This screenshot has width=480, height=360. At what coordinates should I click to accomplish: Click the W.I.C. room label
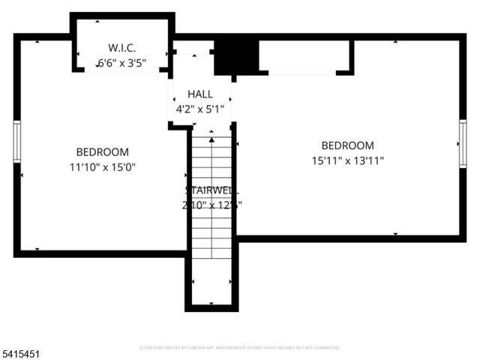(x=121, y=48)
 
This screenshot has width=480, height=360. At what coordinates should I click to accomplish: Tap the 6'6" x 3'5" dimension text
(x=121, y=63)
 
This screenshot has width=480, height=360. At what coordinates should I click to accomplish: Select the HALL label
(x=200, y=94)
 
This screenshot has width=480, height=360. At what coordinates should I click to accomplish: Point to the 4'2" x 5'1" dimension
(x=200, y=109)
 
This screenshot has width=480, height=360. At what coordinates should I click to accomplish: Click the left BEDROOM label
(x=102, y=151)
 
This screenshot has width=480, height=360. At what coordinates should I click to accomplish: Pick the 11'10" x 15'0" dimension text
(x=102, y=166)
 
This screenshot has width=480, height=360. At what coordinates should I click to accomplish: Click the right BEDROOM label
(x=347, y=145)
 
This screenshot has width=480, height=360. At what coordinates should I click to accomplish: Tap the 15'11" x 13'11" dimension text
(x=347, y=160)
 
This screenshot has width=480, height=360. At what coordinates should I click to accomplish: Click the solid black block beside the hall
(x=236, y=56)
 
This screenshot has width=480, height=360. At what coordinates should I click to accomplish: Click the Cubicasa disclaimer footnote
(x=239, y=348)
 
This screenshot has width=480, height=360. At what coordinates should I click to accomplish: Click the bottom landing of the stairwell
(x=211, y=292)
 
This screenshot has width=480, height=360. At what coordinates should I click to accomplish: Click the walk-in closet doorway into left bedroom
(x=121, y=69)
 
